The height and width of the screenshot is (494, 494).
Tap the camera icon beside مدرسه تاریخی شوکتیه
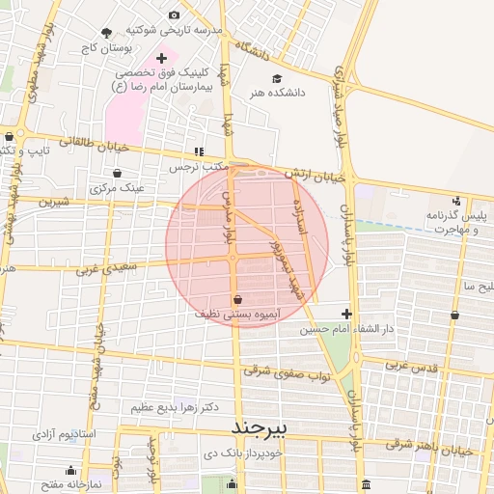[174, 14]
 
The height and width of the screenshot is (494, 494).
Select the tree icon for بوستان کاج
[107, 34]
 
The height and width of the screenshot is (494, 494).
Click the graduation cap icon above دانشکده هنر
[277, 78]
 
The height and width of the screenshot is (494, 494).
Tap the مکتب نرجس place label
[199, 166]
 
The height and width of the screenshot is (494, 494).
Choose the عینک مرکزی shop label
[118, 187]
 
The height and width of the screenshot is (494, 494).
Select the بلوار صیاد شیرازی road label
[341, 106]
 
